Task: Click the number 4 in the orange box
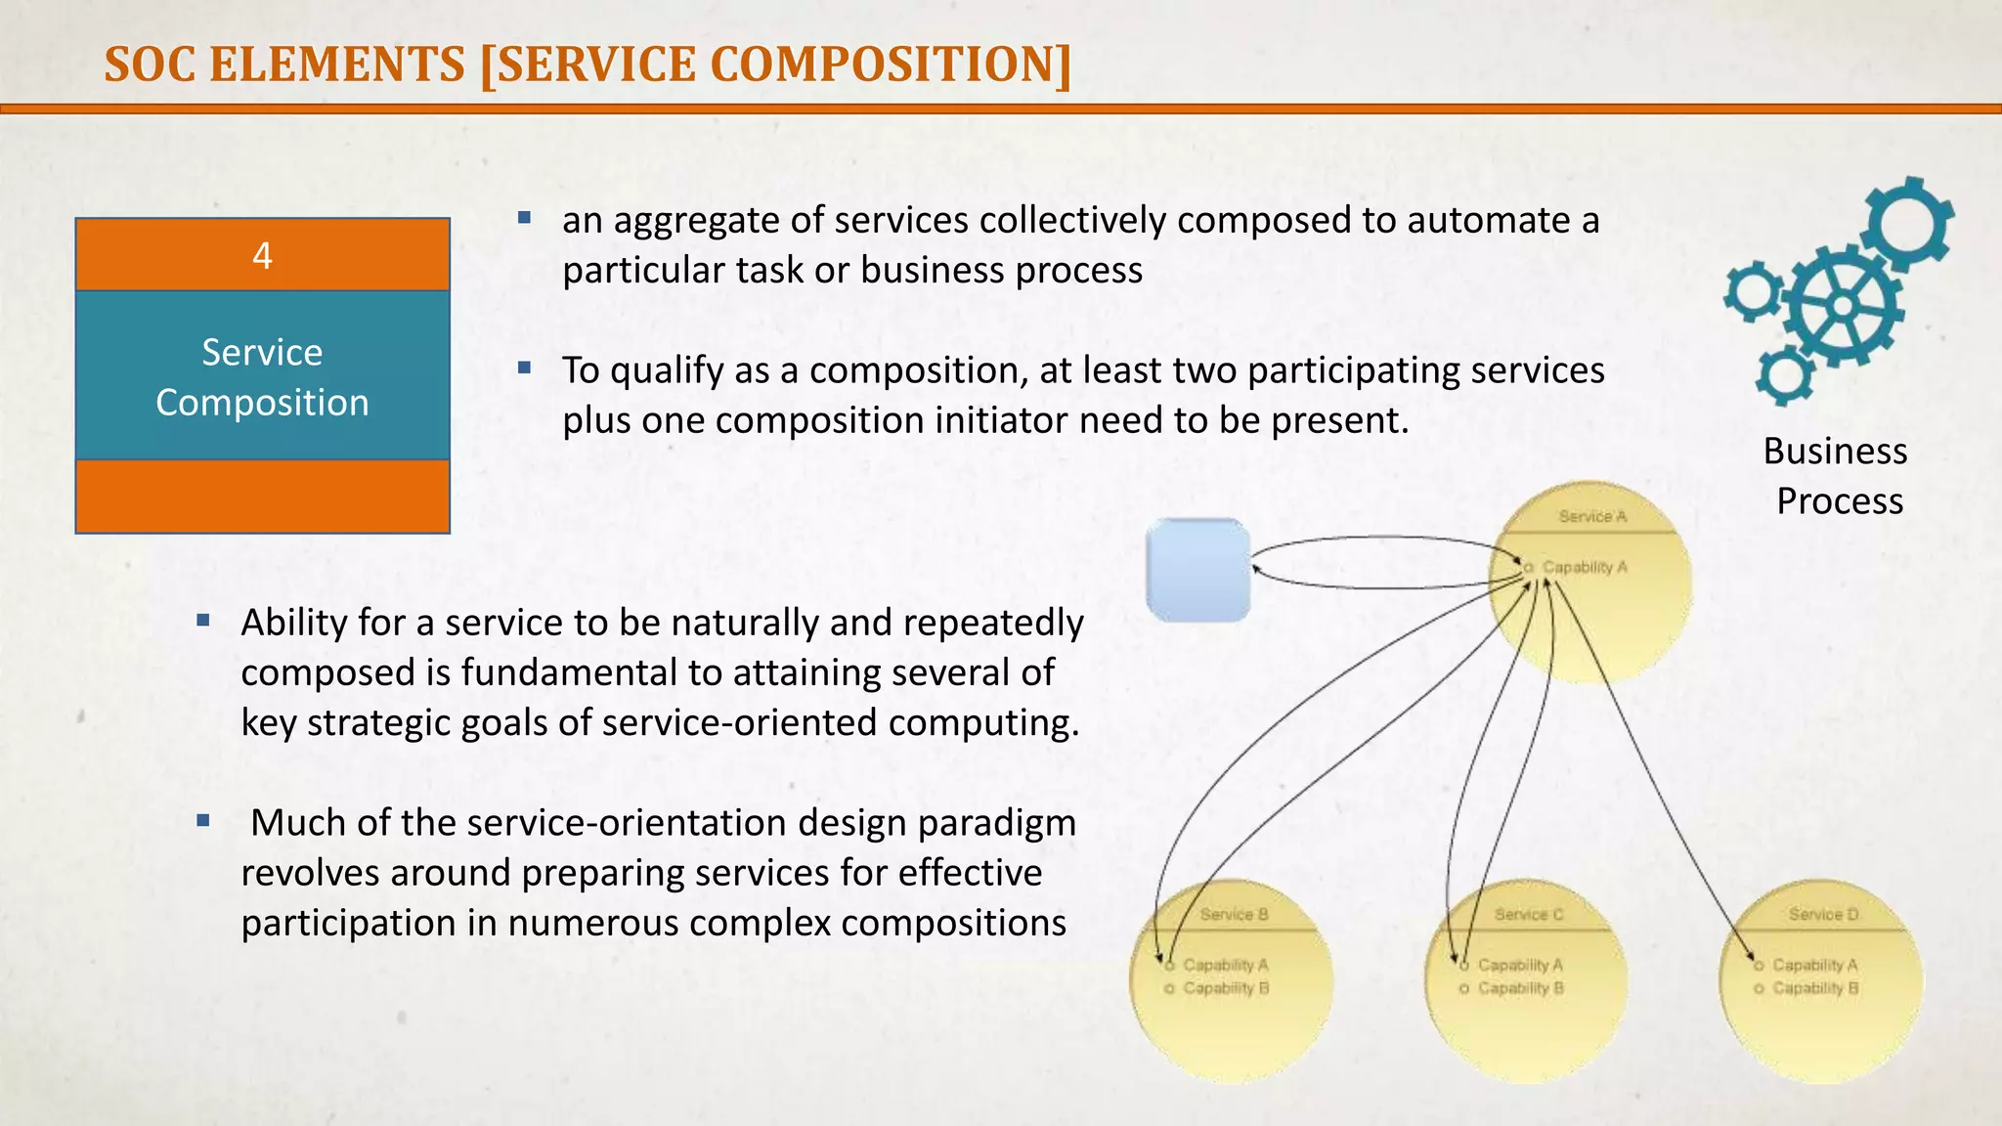[x=262, y=256]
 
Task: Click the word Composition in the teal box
[x=262, y=403]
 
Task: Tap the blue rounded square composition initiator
[x=1198, y=570]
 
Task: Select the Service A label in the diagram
[x=1592, y=517]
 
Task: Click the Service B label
[x=1234, y=915]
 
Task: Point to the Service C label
[x=1529, y=915]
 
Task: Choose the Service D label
[x=1823, y=915]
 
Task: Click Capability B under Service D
[x=1815, y=988]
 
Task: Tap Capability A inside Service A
[x=1585, y=567]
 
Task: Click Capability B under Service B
[x=1226, y=988]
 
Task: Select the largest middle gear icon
[x=1843, y=306]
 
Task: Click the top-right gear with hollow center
[x=1908, y=223]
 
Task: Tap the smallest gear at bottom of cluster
[x=1785, y=374]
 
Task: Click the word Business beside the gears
[x=1835, y=452]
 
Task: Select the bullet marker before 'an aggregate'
[x=524, y=218]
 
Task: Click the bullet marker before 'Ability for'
[x=203, y=620]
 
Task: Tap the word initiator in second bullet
[x=1001, y=420]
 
